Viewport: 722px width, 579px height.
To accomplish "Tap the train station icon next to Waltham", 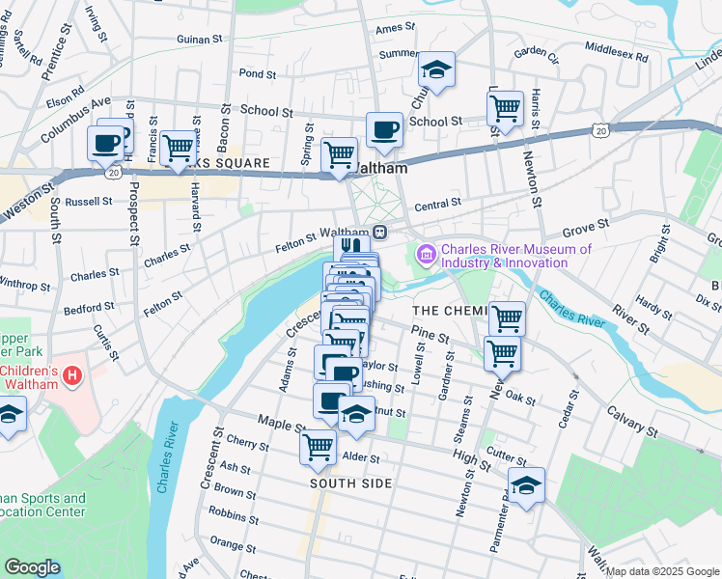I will coord(381,233).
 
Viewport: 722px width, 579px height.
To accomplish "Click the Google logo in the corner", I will coord(32,567).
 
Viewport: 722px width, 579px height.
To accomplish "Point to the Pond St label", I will coord(258,73).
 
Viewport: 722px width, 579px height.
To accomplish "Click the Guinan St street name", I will coord(201,40).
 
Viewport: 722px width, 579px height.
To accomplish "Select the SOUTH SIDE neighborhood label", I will coord(351,482).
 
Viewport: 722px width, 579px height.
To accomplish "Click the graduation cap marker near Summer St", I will coord(436,69).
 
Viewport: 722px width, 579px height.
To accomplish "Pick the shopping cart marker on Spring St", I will coord(339,153).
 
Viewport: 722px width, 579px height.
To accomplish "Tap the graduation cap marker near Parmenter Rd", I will coord(526,485).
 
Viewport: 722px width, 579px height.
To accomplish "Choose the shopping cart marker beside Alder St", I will coord(318,447).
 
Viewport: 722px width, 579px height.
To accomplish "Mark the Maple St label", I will coord(282,423).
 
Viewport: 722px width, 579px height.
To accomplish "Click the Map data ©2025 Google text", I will coord(661,571).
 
